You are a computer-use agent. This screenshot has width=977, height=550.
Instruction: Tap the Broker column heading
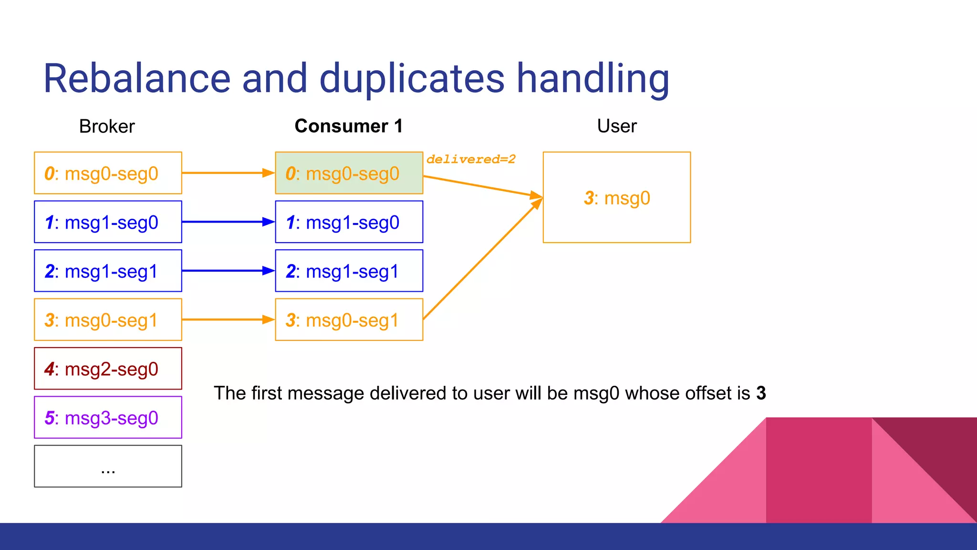pyautogui.click(x=107, y=127)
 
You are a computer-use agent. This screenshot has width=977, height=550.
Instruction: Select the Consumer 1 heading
pyautogui.click(x=349, y=126)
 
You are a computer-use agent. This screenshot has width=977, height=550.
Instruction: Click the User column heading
pyautogui.click(x=616, y=126)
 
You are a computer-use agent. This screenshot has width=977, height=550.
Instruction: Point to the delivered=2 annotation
pyautogui.click(x=471, y=159)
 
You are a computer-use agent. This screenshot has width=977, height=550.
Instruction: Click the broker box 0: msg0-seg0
pyautogui.click(x=108, y=173)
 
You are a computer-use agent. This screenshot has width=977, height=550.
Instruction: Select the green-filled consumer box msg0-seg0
pyautogui.click(x=349, y=173)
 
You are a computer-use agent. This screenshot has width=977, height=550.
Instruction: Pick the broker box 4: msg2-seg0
pyautogui.click(x=108, y=369)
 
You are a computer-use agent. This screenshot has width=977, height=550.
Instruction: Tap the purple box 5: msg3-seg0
pyautogui.click(x=108, y=417)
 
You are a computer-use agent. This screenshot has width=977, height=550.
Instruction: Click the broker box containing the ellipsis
pyautogui.click(x=108, y=466)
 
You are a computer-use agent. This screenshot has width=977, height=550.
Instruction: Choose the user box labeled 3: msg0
pyautogui.click(x=616, y=198)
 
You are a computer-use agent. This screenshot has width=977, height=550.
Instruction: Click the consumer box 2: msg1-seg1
pyautogui.click(x=349, y=271)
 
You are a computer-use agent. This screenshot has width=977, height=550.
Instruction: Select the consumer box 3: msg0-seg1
pyautogui.click(x=349, y=319)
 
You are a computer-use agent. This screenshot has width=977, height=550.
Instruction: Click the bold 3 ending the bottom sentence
pyautogui.click(x=761, y=393)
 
